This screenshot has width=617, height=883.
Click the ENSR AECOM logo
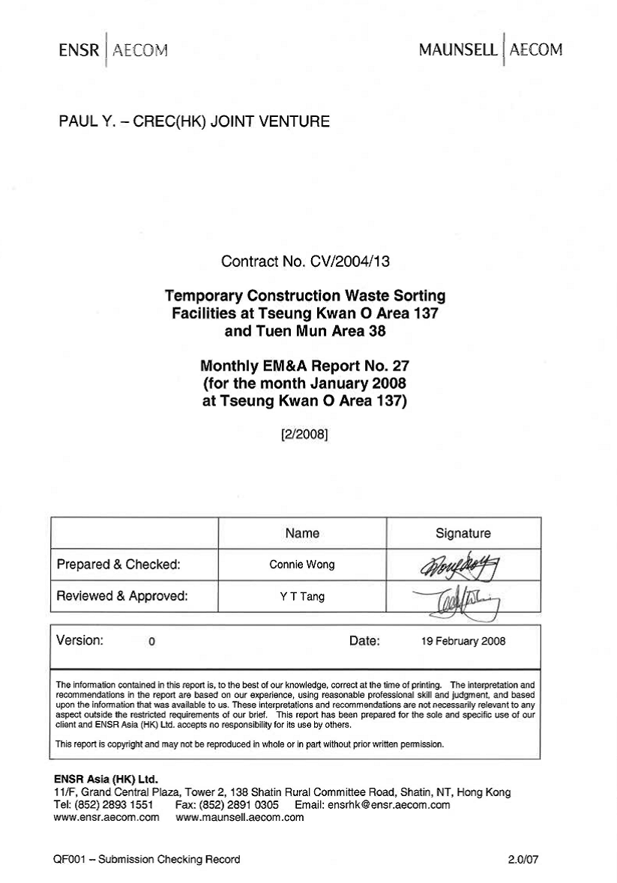(x=112, y=50)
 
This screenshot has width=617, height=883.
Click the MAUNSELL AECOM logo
(x=490, y=50)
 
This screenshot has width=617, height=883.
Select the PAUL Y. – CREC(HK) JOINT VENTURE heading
(x=194, y=121)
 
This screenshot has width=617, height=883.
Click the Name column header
(x=302, y=534)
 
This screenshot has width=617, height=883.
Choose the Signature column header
(x=463, y=534)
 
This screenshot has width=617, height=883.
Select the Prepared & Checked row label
(x=118, y=565)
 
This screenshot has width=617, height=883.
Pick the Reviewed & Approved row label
(x=122, y=597)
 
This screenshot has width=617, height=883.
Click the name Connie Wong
(x=302, y=565)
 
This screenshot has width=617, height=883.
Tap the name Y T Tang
(x=302, y=597)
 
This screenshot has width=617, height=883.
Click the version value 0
(x=151, y=642)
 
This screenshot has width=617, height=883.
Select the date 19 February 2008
(x=463, y=642)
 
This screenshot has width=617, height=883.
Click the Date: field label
(x=365, y=641)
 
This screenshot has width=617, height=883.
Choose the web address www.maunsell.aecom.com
(x=239, y=818)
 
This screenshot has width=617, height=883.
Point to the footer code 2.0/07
(x=523, y=860)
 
